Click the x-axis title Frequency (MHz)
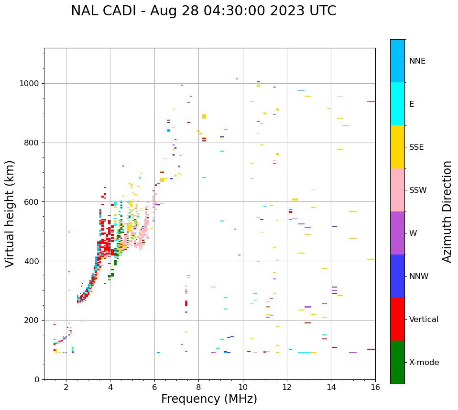(x=209, y=399)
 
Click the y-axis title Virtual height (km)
(x=10, y=213)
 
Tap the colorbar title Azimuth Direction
(x=447, y=211)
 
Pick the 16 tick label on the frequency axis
(x=375, y=387)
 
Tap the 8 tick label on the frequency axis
(x=198, y=387)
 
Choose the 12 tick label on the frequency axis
(x=287, y=387)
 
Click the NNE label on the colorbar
(x=417, y=61)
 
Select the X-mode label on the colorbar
(x=424, y=363)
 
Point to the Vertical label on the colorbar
(x=424, y=320)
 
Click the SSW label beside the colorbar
(x=418, y=190)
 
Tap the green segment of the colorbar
(x=397, y=362)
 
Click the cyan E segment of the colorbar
(x=397, y=104)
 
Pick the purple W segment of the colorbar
(x=397, y=233)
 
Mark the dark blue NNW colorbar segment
(x=397, y=276)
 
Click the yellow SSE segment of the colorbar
(x=397, y=147)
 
